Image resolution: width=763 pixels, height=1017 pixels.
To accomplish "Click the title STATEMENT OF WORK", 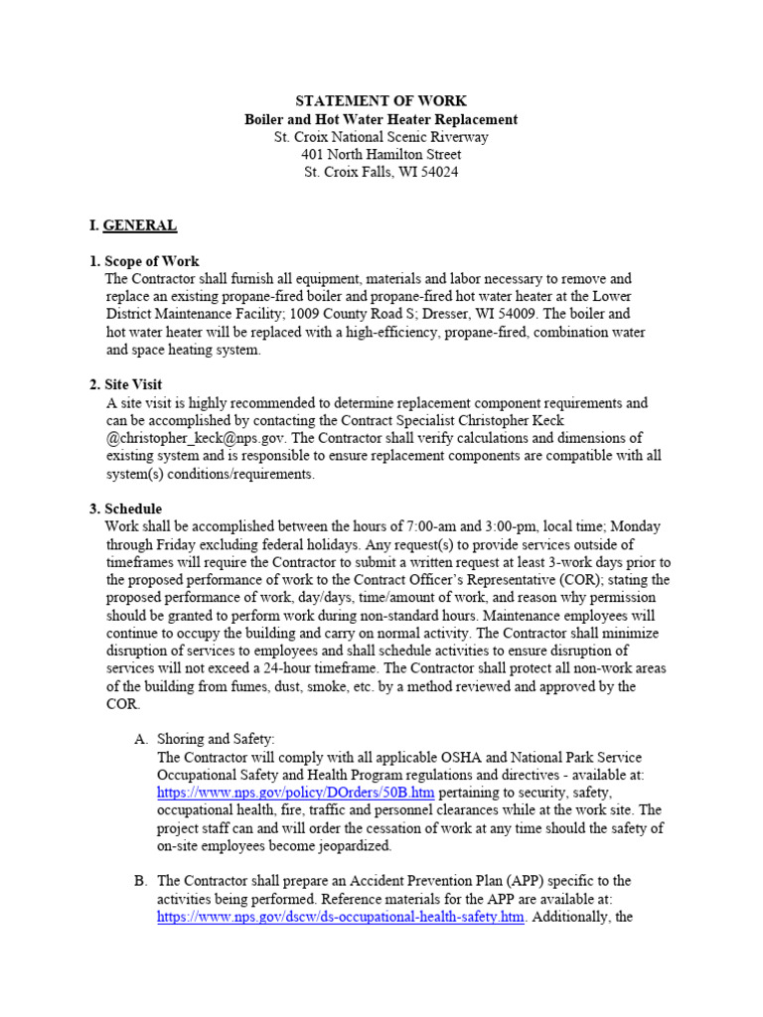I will (x=381, y=101).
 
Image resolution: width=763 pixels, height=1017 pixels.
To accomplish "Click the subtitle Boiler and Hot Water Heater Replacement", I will (x=381, y=119).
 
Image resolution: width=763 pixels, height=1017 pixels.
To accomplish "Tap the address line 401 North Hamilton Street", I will (x=381, y=154).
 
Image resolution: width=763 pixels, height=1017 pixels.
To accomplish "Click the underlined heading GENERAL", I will (x=140, y=225).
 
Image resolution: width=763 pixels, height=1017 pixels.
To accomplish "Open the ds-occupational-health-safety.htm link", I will (x=340, y=917).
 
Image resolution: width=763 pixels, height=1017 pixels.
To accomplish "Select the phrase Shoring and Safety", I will (x=216, y=739).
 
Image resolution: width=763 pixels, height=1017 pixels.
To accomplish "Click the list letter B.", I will (x=140, y=881).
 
